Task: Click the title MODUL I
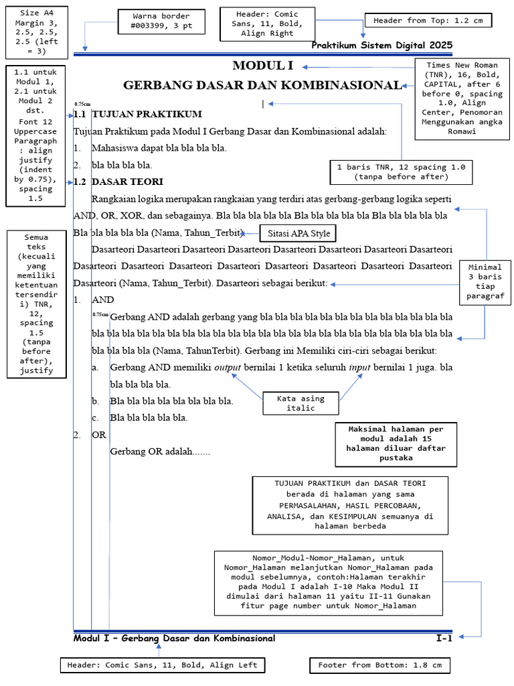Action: click(262, 66)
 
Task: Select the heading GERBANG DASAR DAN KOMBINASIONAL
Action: click(262, 86)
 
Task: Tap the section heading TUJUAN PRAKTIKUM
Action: click(147, 115)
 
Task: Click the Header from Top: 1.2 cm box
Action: click(428, 21)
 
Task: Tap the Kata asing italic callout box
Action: click(301, 403)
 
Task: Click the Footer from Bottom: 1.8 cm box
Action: click(379, 665)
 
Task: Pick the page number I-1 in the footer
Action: click(444, 638)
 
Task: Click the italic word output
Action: click(228, 368)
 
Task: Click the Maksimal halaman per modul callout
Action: click(396, 443)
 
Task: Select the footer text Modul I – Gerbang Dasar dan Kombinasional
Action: click(174, 638)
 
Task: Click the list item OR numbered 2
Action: click(99, 435)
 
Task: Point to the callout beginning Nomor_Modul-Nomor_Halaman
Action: click(329, 581)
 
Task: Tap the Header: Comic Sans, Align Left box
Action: click(161, 665)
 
